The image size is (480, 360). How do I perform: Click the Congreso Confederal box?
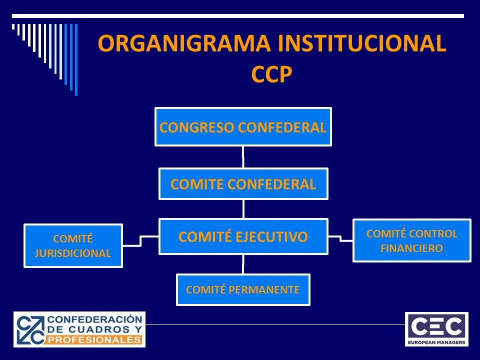(x=243, y=126)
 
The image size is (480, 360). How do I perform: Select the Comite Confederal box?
(x=243, y=183)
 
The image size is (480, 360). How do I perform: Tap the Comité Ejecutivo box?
(x=243, y=236)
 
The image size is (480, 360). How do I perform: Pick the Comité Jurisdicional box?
(x=73, y=246)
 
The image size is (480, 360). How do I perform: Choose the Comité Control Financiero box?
(x=411, y=240)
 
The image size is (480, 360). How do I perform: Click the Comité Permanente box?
(x=243, y=289)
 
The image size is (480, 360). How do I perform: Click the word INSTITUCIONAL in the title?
(x=362, y=43)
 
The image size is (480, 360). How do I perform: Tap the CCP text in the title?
(x=272, y=74)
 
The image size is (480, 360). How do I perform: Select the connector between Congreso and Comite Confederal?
(x=243, y=157)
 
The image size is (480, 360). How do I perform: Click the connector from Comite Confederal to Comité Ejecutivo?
(x=243, y=209)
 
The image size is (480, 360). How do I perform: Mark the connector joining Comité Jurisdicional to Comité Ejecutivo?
(x=141, y=241)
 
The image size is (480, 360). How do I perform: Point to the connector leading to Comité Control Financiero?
(x=340, y=239)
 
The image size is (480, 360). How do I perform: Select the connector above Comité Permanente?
(x=243, y=264)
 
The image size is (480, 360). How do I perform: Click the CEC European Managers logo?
(x=436, y=329)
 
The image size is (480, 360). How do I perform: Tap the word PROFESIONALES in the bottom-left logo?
(x=94, y=340)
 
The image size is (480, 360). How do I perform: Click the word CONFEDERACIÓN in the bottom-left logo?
(x=95, y=319)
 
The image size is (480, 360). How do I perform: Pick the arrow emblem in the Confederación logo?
(x=30, y=329)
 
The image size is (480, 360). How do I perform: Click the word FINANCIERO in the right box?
(x=411, y=248)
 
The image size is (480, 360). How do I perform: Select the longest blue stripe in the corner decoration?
(x=76, y=59)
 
